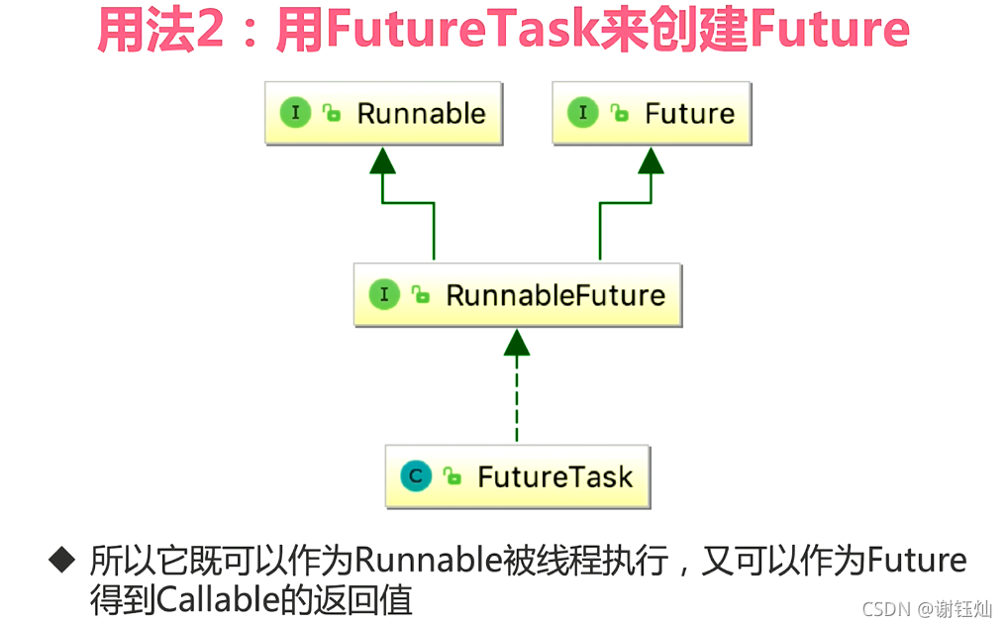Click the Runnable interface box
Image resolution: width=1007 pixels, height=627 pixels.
(383, 114)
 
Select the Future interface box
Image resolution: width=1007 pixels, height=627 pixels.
(651, 114)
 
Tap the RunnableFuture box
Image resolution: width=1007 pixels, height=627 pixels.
(517, 295)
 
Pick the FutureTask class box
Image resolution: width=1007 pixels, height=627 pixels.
(517, 476)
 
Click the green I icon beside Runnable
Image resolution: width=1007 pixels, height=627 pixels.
(295, 113)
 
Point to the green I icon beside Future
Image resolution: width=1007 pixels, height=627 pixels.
(582, 113)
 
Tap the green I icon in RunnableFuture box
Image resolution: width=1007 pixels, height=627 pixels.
(384, 294)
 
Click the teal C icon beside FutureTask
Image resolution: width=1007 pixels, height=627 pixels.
(416, 476)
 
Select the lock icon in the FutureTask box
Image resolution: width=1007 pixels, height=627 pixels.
(453, 476)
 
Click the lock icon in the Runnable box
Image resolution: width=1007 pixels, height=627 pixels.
(332, 113)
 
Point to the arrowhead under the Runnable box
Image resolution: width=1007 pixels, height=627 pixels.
(383, 161)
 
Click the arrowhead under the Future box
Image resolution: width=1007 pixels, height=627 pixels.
(651, 161)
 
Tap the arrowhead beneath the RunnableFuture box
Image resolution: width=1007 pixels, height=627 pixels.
(517, 343)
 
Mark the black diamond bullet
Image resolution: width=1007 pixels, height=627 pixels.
(62, 561)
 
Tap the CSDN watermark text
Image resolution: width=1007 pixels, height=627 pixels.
(885, 608)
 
